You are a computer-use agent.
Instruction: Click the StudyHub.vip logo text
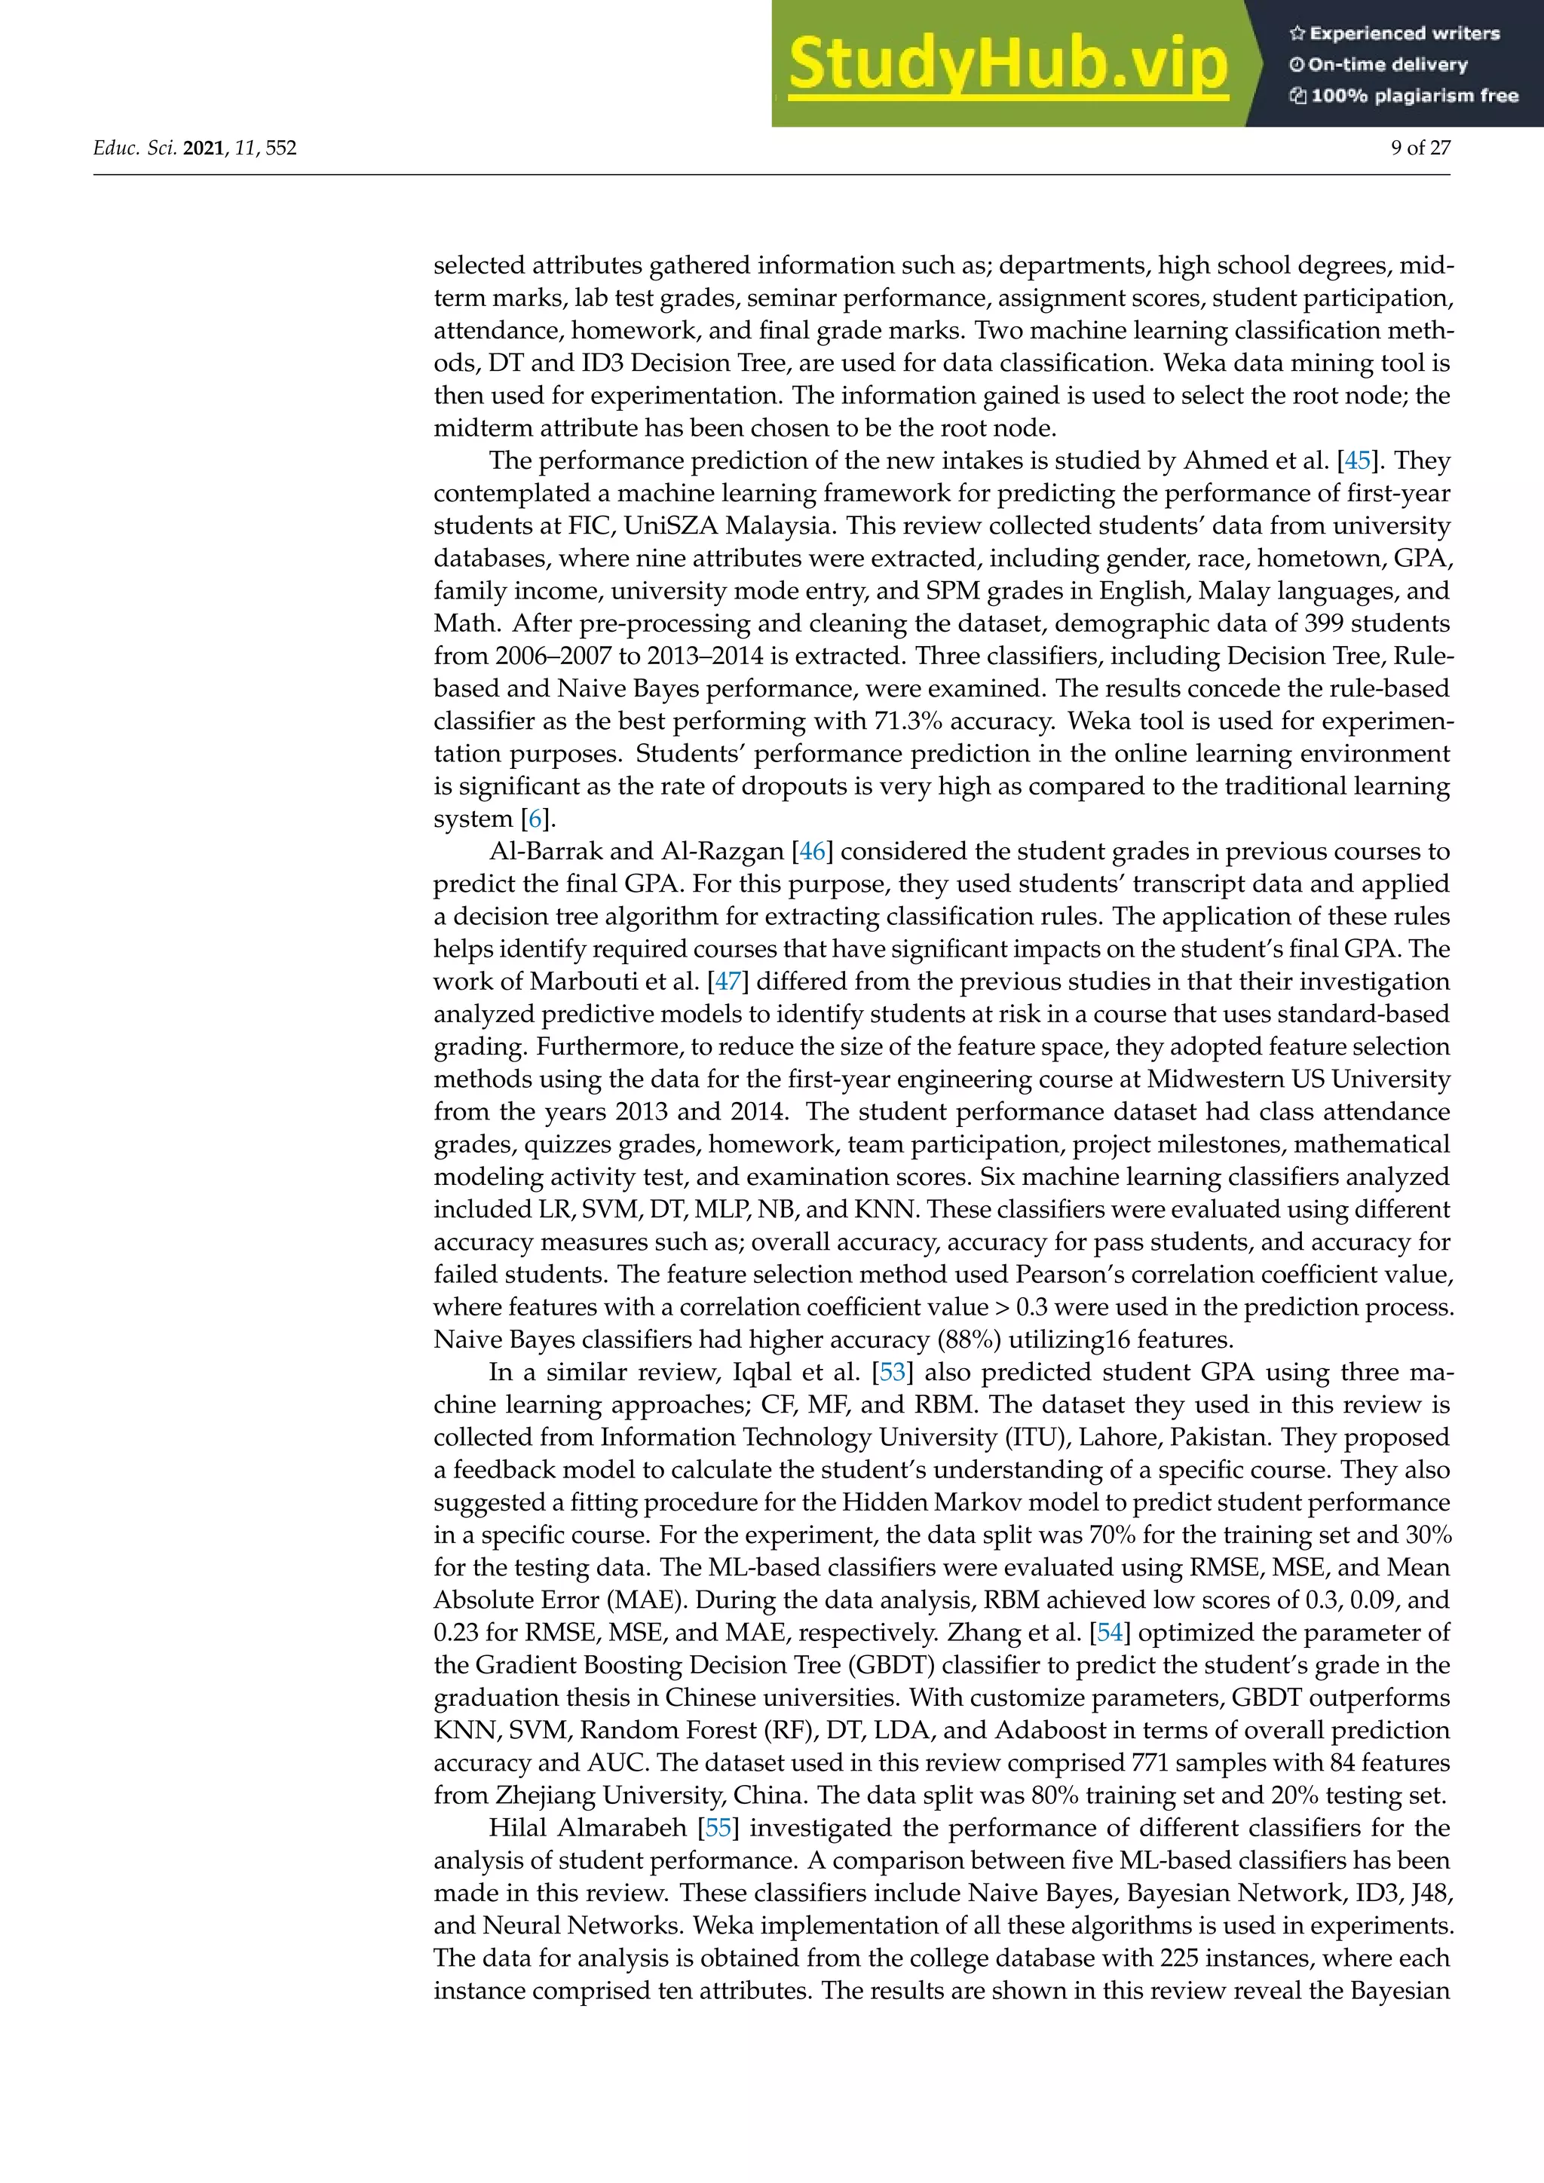pyautogui.click(x=1008, y=64)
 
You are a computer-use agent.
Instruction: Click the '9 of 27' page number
pyautogui.click(x=1420, y=148)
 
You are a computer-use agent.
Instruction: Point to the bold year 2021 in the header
pyautogui.click(x=203, y=148)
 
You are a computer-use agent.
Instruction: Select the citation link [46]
pyautogui.click(x=812, y=851)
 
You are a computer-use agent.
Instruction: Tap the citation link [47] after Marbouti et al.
pyautogui.click(x=728, y=981)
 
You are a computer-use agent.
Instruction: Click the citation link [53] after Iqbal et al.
pyautogui.click(x=893, y=1372)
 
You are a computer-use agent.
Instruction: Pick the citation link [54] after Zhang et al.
pyautogui.click(x=1110, y=1633)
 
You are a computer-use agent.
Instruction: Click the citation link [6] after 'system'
pyautogui.click(x=536, y=819)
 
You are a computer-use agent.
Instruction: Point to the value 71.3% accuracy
pyautogui.click(x=908, y=721)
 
